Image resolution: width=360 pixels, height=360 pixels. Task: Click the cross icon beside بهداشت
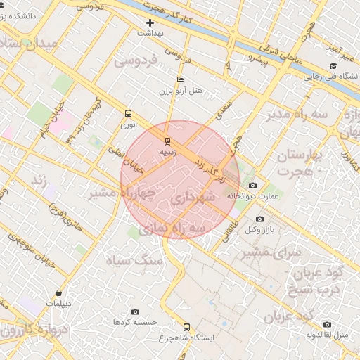point(150,23)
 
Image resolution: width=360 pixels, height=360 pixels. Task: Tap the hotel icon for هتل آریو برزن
point(181,80)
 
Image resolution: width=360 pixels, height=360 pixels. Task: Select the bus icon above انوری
point(128,113)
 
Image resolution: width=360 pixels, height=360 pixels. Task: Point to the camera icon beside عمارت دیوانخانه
point(253,185)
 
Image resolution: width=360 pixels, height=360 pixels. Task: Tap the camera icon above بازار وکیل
point(259,220)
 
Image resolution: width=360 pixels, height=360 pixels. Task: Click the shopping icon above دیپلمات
point(57,292)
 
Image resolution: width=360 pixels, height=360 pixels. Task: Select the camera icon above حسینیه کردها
point(135,311)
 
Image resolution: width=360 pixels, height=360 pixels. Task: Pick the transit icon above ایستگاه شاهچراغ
point(186,326)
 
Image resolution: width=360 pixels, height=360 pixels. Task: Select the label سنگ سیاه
point(134,261)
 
